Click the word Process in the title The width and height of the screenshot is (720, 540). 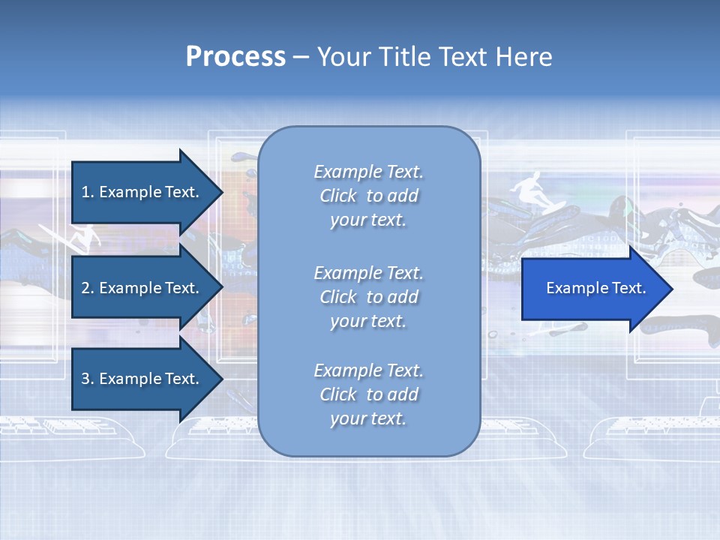click(x=235, y=57)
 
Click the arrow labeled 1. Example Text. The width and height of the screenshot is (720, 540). click(x=142, y=192)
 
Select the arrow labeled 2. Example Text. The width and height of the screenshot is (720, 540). click(x=142, y=288)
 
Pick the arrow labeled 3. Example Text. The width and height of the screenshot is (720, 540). click(x=142, y=379)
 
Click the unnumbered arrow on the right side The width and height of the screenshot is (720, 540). click(x=592, y=288)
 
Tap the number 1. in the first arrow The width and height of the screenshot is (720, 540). click(x=88, y=192)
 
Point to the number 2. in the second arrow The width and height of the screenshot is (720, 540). click(x=88, y=288)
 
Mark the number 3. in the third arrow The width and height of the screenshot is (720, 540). click(x=88, y=379)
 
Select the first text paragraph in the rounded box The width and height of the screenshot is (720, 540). click(x=368, y=196)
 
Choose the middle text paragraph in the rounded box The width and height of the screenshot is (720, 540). click(x=368, y=296)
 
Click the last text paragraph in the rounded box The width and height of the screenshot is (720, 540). click(x=368, y=394)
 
